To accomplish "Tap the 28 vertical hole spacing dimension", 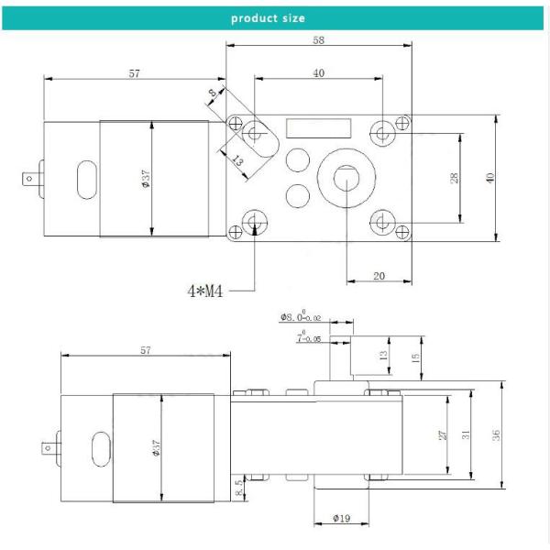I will (x=455, y=177).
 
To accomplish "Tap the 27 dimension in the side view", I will (x=443, y=435).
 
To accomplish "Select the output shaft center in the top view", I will (x=347, y=178).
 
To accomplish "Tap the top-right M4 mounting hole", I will (x=383, y=133).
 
